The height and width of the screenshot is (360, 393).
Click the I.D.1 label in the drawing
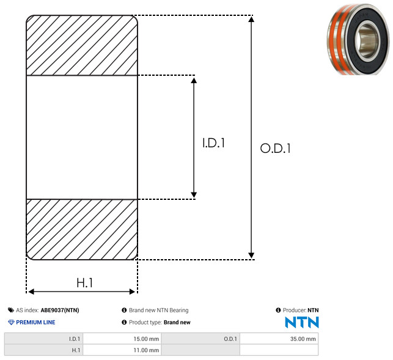pos(213,143)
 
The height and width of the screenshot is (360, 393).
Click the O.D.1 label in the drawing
pos(276,148)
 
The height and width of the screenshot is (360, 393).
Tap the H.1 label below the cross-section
pos(85,283)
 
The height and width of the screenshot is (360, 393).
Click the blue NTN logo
pos(302,322)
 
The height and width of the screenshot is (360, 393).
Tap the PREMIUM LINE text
pos(35,322)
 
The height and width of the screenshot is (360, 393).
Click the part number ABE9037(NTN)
pos(60,310)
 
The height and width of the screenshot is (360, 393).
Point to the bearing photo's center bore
pos(368,40)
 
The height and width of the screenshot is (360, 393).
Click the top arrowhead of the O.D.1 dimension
pos(251,19)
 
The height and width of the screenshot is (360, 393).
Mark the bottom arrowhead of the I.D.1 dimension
pos(194,195)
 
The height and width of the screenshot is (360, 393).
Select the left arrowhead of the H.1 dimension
pos(31,292)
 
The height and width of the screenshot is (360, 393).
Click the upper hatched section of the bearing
pos(82,45)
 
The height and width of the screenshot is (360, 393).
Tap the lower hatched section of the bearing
pos(82,229)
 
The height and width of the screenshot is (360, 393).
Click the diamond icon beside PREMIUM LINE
pos(11,322)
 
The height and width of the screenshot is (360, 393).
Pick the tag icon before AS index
pos(11,310)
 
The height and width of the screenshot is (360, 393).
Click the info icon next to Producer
pos(278,310)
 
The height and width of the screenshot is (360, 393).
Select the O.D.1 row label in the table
pos(230,339)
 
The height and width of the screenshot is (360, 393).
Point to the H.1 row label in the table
pos(76,350)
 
